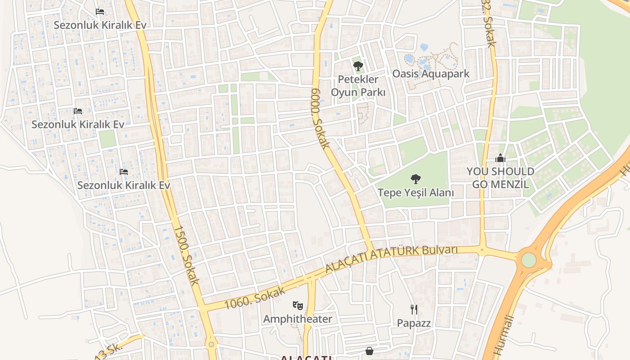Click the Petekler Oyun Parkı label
(358, 85)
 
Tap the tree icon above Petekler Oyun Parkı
(358, 67)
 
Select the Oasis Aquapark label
(431, 74)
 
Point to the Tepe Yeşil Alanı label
(415, 193)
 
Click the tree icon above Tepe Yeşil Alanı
(415, 179)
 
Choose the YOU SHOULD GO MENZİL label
(500, 178)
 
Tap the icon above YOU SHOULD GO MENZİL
(500, 158)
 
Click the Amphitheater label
(297, 319)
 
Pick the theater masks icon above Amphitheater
(297, 306)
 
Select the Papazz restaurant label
(414, 323)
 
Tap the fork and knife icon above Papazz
(414, 310)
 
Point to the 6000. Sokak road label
(320, 118)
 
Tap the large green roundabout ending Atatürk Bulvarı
(529, 260)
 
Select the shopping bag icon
(369, 351)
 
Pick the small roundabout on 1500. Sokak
(211, 345)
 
